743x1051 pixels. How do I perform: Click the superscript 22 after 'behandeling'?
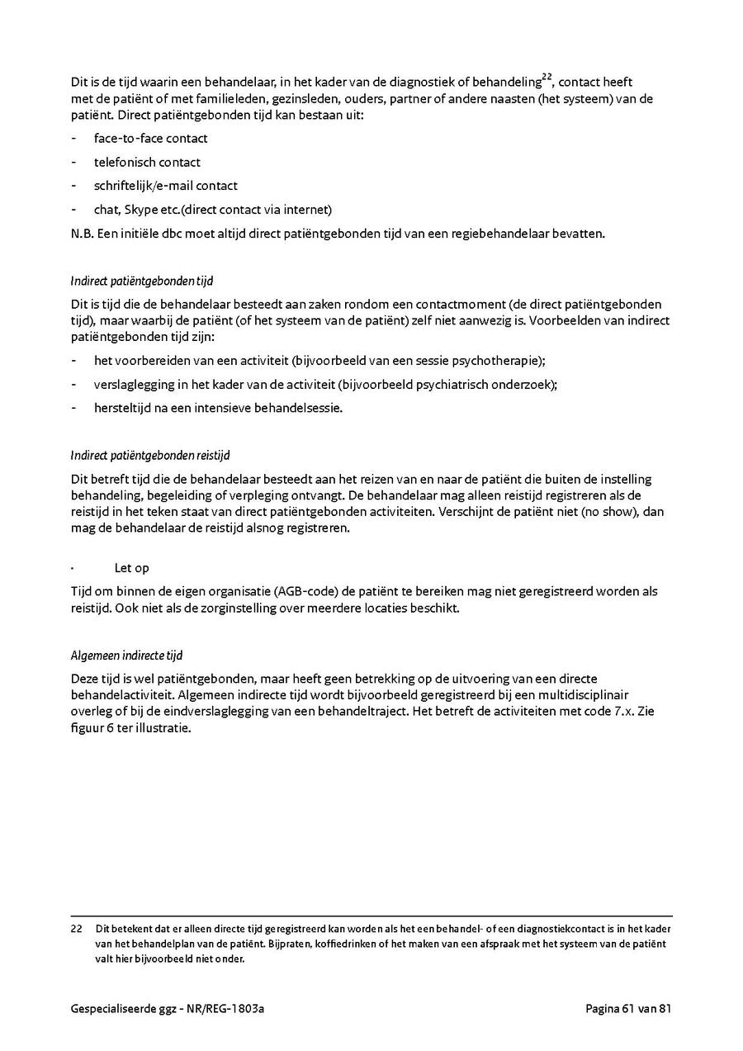[547, 78]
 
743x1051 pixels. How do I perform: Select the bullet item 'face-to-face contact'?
[150, 139]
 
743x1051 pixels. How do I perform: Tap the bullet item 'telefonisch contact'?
[147, 163]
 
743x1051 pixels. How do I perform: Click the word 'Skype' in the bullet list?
[140, 210]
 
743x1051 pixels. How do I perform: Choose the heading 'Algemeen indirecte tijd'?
[126, 656]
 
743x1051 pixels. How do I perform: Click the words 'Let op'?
[131, 569]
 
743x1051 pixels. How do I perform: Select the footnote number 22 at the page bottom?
[77, 928]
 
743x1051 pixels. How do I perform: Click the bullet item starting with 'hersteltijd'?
[218, 408]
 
